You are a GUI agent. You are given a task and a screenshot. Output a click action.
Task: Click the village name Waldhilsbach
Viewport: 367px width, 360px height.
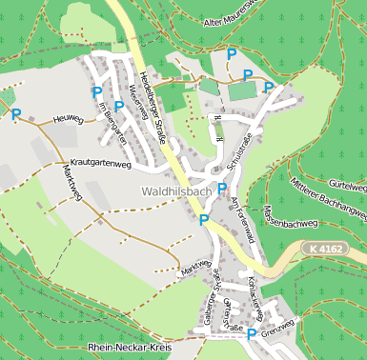[x=175, y=191]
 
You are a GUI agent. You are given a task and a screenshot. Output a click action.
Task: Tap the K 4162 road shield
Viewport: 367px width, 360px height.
[x=325, y=248]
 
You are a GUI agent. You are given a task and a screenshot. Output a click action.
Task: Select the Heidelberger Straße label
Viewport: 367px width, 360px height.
[x=153, y=106]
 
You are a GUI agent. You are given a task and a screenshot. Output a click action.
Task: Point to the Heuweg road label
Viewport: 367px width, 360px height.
[x=69, y=119]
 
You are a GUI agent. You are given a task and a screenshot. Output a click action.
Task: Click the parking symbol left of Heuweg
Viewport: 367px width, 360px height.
[x=15, y=114]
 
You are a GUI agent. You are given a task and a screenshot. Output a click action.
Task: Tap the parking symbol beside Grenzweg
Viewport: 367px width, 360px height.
[x=252, y=334]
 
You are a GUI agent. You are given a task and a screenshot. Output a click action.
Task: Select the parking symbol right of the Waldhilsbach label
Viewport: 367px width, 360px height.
[x=222, y=189]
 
